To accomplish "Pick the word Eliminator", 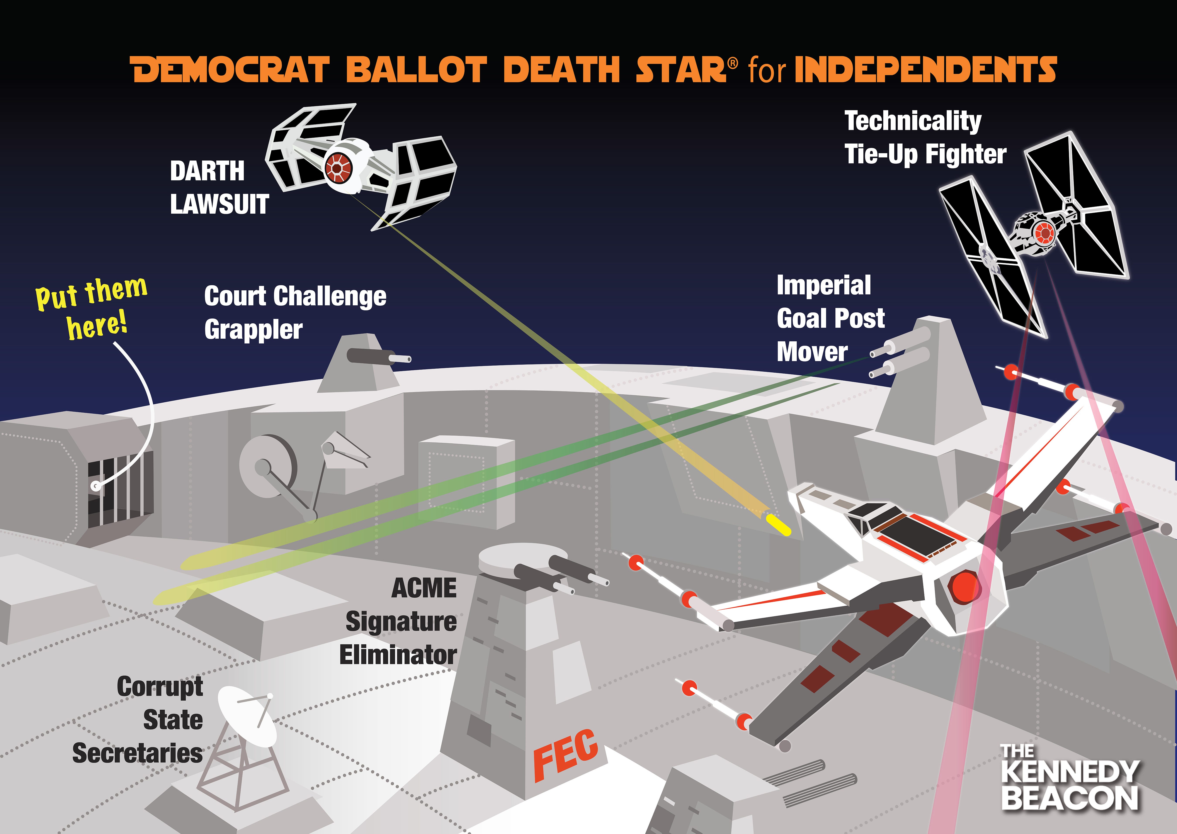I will [398, 655].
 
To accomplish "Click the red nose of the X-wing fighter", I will [963, 585].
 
